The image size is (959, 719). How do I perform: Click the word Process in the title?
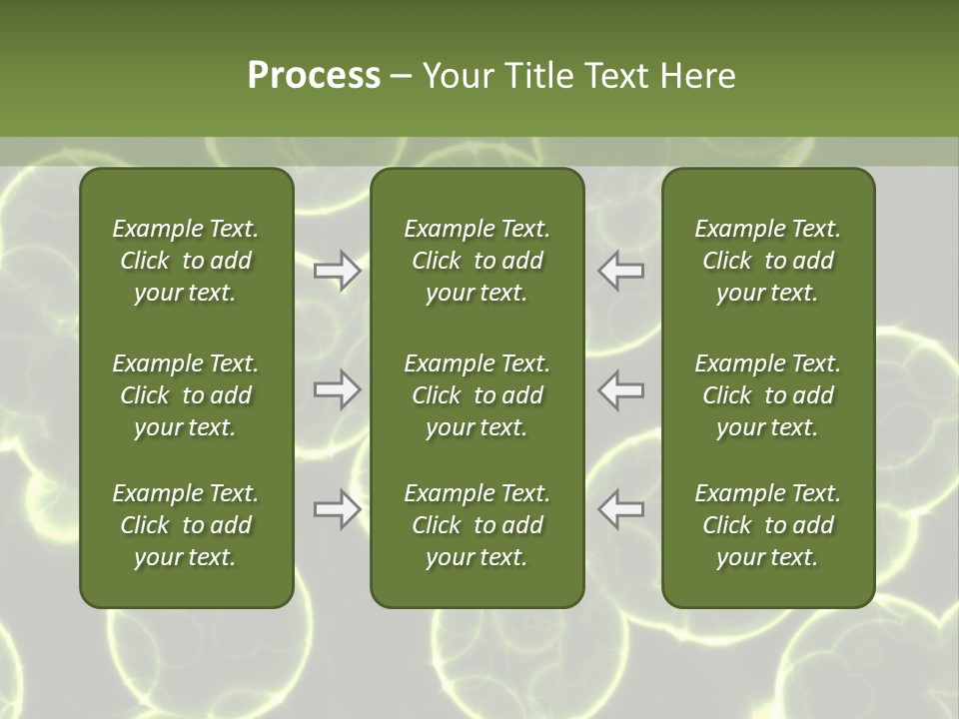pos(314,76)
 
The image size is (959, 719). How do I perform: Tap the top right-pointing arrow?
pos(337,271)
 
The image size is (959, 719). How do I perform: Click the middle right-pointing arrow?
pos(337,389)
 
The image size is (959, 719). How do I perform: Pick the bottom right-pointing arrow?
pos(337,509)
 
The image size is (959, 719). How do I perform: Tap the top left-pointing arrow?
pos(620,271)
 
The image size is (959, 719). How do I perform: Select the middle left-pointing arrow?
pos(620,389)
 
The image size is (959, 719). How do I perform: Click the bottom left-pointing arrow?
pos(620,509)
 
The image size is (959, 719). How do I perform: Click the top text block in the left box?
pos(186,261)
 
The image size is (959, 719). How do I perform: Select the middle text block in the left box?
pos(186,395)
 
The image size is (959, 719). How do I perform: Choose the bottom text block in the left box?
pos(186,525)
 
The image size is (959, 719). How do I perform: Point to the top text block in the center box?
pos(477,261)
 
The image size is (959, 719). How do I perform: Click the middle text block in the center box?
pos(477,395)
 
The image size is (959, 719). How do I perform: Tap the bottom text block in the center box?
pos(477,525)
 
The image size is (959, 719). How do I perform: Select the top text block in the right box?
pos(767,261)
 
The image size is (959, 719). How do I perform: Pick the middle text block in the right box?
pos(767,395)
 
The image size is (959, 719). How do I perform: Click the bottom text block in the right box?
pos(767,525)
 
